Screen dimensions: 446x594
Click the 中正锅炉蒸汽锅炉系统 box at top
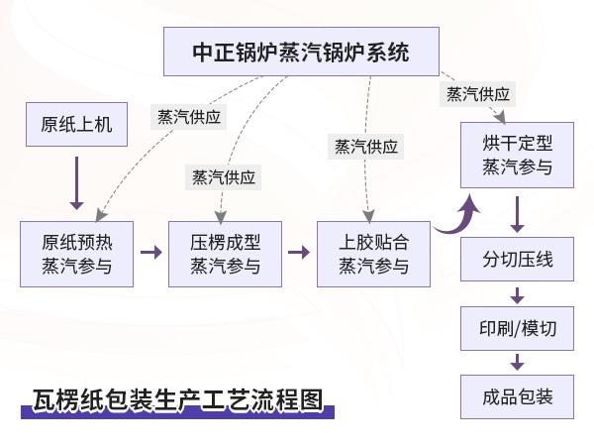pyautogui.click(x=301, y=52)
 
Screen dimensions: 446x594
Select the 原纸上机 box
pyautogui.click(x=76, y=124)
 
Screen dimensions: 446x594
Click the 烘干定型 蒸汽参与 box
pyautogui.click(x=517, y=156)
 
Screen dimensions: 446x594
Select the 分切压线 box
pyautogui.click(x=517, y=261)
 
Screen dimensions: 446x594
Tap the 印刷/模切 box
pyautogui.click(x=517, y=329)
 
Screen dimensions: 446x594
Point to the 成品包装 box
pyautogui.click(x=517, y=396)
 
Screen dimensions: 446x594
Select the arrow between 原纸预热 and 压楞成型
pyautogui.click(x=150, y=252)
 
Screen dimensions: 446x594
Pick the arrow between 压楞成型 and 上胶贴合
pyautogui.click(x=298, y=252)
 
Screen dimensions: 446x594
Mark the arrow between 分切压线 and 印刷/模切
pyautogui.click(x=517, y=294)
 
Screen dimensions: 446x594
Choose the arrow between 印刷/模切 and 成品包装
pyautogui.click(x=517, y=362)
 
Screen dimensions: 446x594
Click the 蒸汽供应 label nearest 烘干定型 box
pyautogui.click(x=478, y=94)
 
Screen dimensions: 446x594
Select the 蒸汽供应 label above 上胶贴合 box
pyautogui.click(x=366, y=147)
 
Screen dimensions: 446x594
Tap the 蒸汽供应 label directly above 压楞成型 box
pyautogui.click(x=224, y=177)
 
